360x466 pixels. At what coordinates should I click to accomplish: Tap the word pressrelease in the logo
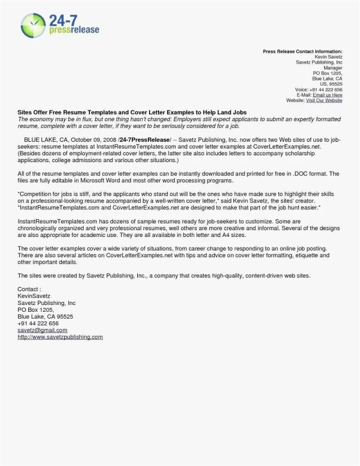(x=78, y=29)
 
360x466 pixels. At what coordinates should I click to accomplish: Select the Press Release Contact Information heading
(x=302, y=52)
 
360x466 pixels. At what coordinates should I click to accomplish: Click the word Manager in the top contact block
(x=333, y=68)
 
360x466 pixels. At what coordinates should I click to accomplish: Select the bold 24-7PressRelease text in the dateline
(x=142, y=139)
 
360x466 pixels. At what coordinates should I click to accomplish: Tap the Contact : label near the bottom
(x=29, y=289)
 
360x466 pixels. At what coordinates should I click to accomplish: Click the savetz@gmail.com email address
(x=42, y=330)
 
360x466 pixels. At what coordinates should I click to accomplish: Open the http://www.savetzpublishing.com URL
(x=60, y=337)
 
